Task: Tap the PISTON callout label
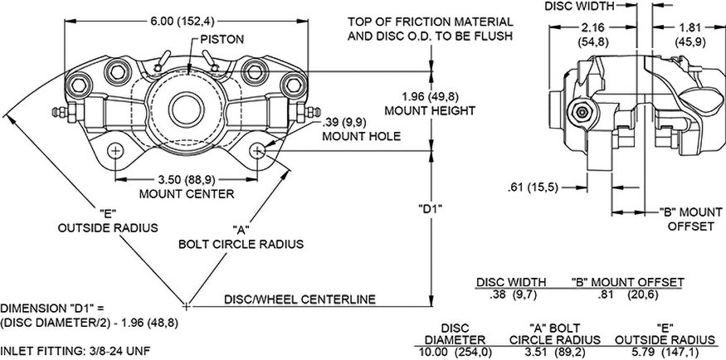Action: point(217,39)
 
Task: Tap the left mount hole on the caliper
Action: point(116,149)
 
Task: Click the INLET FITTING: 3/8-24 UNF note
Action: point(75,351)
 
